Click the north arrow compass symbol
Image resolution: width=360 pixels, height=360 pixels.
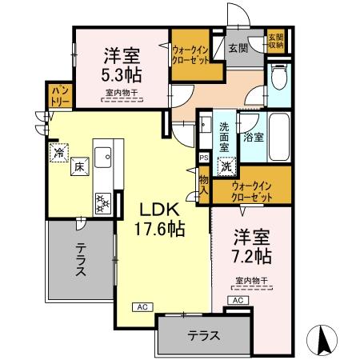pyautogui.click(x=326, y=340)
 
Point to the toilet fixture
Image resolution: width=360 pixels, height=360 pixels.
pyautogui.click(x=277, y=78)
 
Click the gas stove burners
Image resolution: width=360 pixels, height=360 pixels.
pyautogui.click(x=104, y=203)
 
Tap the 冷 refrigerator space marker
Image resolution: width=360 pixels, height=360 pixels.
pyautogui.click(x=58, y=151)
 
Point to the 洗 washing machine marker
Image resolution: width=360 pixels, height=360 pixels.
pyautogui.click(x=228, y=168)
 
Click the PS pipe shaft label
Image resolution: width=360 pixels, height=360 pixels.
pyautogui.click(x=204, y=158)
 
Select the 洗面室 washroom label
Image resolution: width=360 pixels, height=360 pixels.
pyautogui.click(x=224, y=136)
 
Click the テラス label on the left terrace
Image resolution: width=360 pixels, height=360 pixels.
pyautogui.click(x=80, y=262)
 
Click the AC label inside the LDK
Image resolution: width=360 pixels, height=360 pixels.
pyautogui.click(x=140, y=306)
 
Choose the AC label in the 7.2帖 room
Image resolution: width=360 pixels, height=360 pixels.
pyautogui.click(x=238, y=299)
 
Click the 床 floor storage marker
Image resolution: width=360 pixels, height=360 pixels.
pyautogui.click(x=79, y=168)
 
